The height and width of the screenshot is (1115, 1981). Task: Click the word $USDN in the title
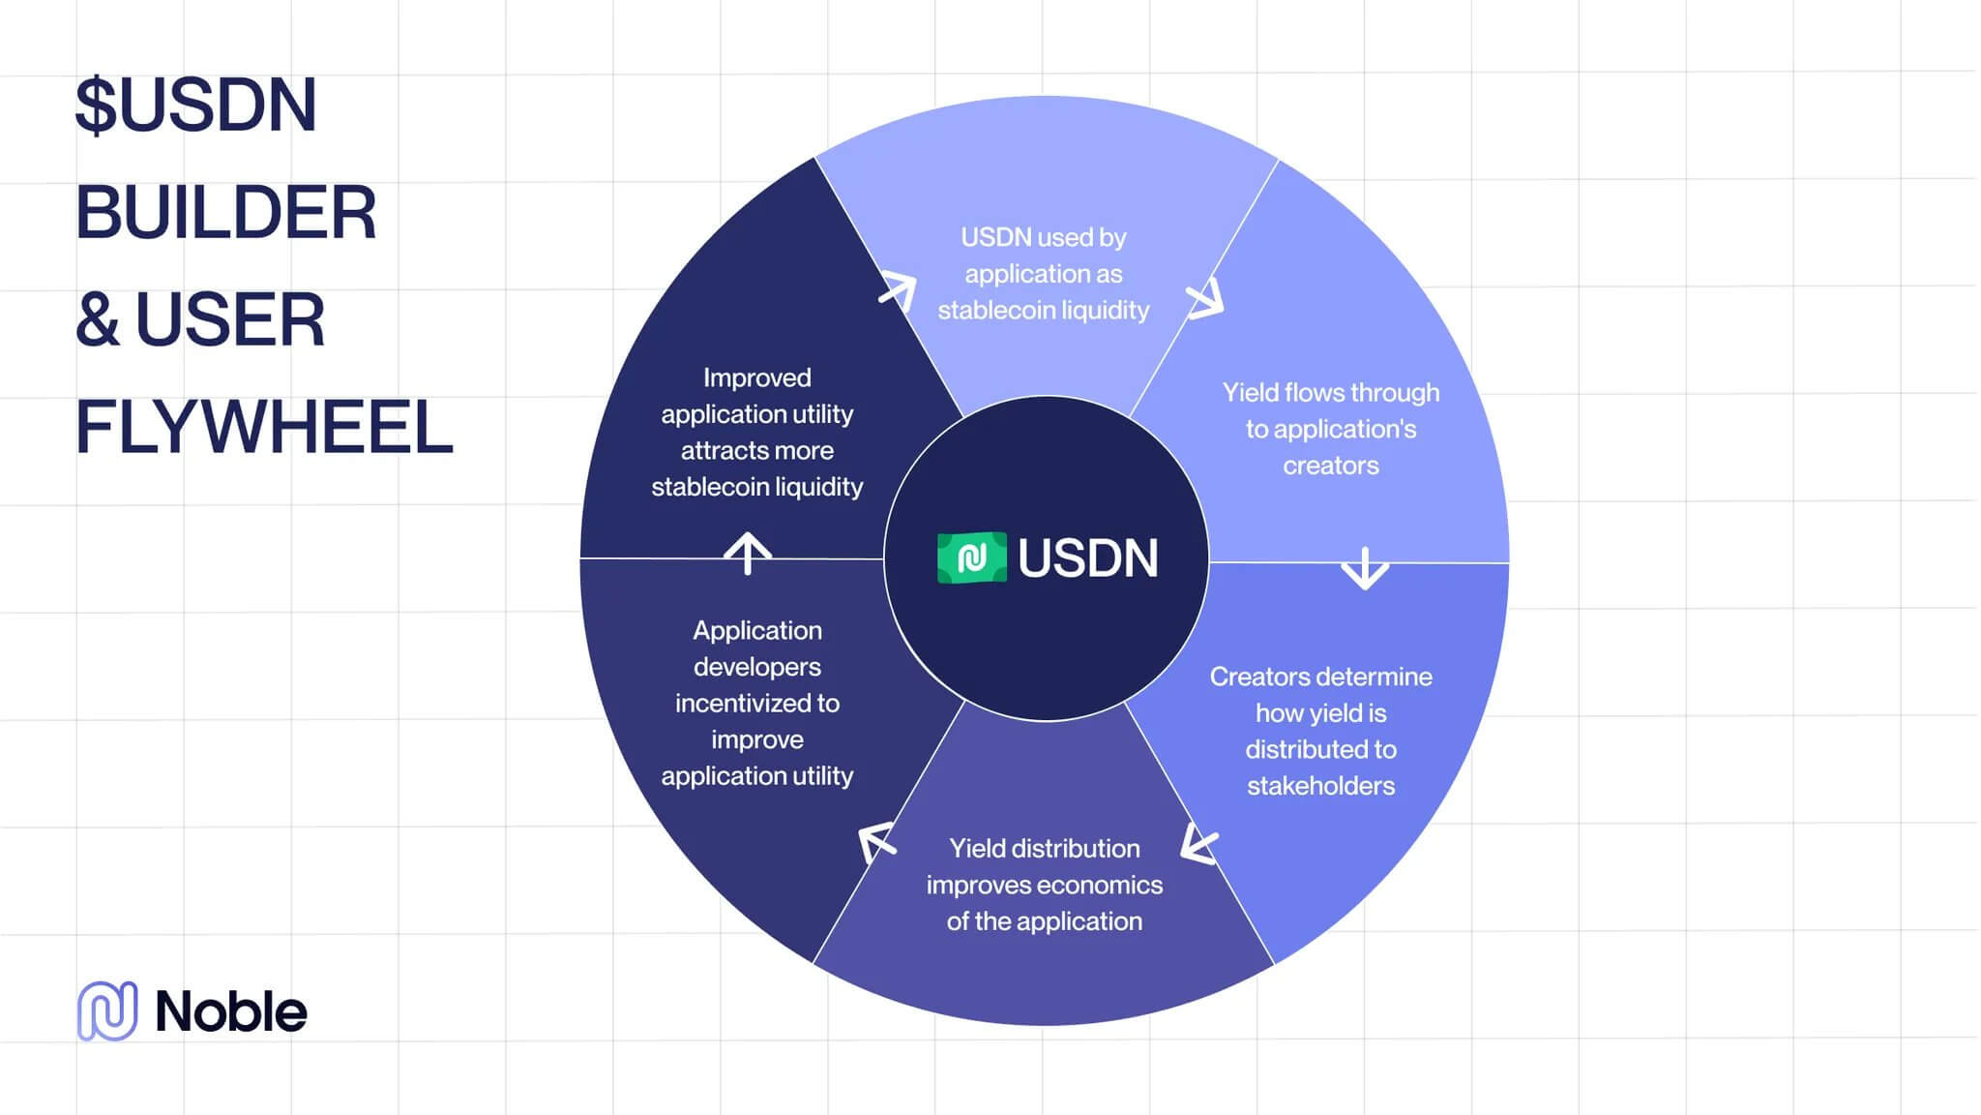click(196, 105)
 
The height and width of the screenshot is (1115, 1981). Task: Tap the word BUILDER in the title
click(225, 213)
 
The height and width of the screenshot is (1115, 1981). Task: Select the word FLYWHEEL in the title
click(264, 428)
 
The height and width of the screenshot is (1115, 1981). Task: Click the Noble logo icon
click(107, 1010)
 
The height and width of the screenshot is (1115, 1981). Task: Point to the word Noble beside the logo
click(231, 1012)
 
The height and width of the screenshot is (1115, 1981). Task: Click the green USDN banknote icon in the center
click(971, 557)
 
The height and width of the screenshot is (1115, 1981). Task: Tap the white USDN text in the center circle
click(1087, 558)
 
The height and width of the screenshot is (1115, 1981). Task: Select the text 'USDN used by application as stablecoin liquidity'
click(1044, 274)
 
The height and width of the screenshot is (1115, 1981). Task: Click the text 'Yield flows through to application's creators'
click(1330, 429)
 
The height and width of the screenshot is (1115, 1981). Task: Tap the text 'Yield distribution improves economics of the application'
click(1044, 885)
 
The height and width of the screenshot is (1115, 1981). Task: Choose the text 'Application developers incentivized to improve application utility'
click(757, 703)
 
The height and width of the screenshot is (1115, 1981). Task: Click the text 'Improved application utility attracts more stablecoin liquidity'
click(757, 432)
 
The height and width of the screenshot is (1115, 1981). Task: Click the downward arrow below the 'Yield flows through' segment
click(1365, 568)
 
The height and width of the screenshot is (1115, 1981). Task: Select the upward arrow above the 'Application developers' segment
click(748, 553)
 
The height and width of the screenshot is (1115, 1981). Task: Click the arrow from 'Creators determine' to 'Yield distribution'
click(1198, 844)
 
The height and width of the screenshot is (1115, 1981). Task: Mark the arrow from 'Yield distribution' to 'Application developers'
click(876, 841)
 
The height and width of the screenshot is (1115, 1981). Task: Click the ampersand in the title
click(97, 320)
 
